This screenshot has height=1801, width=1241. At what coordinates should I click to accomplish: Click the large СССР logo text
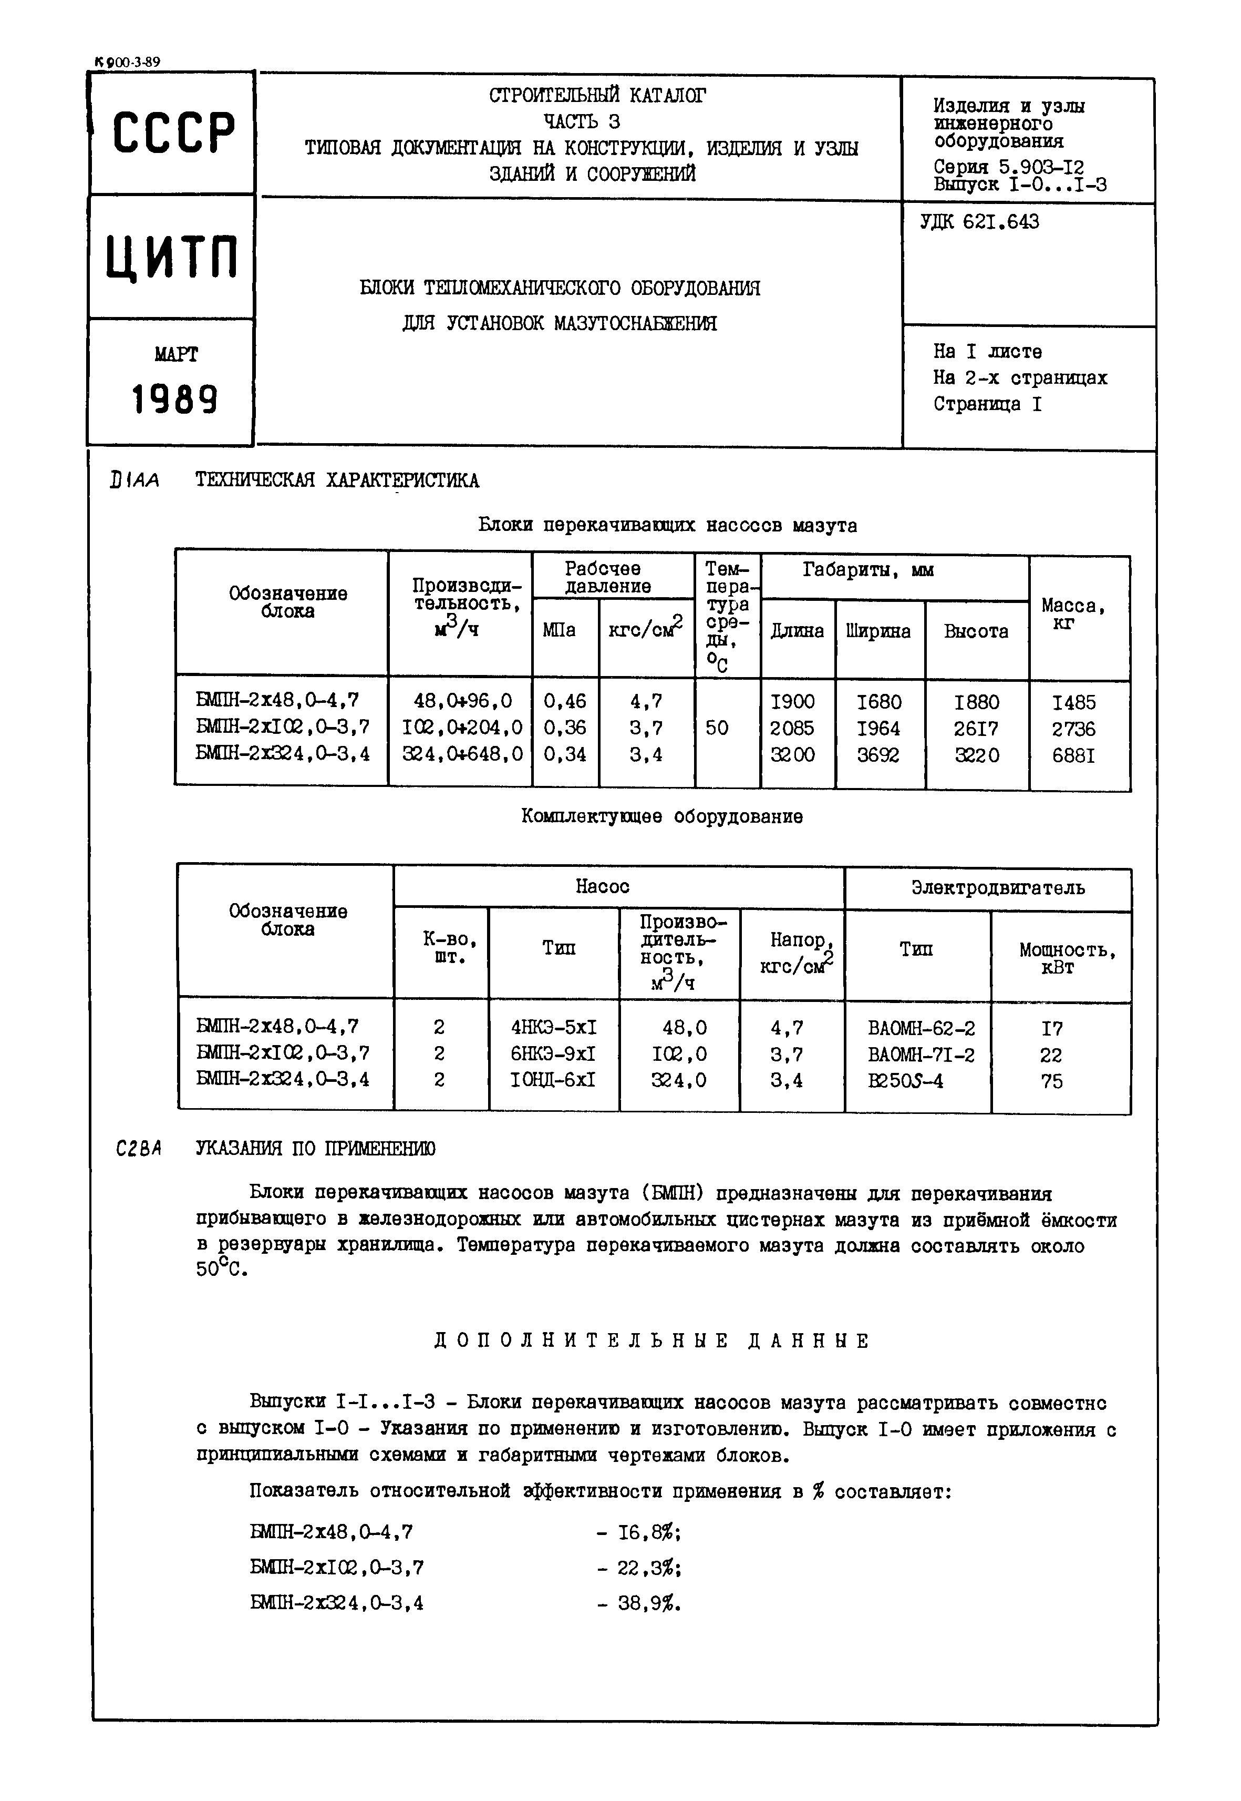click(173, 132)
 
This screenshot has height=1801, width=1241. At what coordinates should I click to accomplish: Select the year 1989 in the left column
click(174, 400)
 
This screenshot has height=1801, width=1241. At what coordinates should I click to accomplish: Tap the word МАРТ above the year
click(175, 355)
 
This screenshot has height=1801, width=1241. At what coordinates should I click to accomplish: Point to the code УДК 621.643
click(979, 222)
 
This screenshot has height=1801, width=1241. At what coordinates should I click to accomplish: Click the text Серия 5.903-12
click(1008, 167)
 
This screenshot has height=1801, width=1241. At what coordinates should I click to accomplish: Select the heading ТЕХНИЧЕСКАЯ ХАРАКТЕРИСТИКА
click(337, 481)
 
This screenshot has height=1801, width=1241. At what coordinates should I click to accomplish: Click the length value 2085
click(792, 729)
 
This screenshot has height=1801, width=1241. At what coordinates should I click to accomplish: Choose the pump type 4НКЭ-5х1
click(554, 1028)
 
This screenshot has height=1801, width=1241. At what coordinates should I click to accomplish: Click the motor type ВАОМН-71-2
click(921, 1055)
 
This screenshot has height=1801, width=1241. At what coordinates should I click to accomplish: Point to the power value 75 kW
click(1051, 1081)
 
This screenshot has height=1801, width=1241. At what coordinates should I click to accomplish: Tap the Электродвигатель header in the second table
click(998, 888)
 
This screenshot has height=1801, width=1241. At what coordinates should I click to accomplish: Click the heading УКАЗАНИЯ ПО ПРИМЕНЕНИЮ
click(315, 1149)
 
